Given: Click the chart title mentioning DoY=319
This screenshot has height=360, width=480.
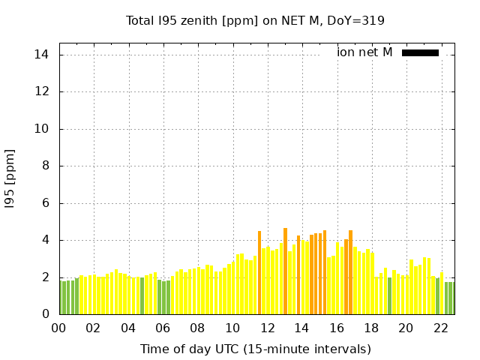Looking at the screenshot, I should tap(255, 20).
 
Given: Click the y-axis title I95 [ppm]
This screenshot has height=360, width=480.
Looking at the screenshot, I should tap(10, 178).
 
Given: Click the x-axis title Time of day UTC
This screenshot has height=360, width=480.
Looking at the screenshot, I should tap(255, 349).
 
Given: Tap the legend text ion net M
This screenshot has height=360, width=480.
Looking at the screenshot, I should tap(364, 52).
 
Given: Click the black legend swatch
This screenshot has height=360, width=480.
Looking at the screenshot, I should tap(420, 52).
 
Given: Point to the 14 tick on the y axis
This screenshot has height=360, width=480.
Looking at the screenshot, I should tap(42, 55).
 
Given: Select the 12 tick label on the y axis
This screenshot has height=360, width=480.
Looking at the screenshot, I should tap(42, 91).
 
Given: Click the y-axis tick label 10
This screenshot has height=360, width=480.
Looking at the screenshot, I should tap(42, 129).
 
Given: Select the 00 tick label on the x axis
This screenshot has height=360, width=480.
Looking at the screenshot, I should tap(58, 328).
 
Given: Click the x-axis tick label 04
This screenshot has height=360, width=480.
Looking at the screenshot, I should tap(128, 328).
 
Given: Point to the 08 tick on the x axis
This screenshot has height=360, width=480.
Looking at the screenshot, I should tap(197, 328).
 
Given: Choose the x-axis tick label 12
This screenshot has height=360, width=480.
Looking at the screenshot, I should tap(267, 328).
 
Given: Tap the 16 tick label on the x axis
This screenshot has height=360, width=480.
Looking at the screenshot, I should tap(336, 328).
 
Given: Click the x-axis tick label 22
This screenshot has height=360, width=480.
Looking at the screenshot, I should tap(440, 328).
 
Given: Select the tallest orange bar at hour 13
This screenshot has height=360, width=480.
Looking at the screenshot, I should tap(285, 271).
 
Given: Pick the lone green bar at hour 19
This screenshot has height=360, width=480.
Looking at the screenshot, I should tap(389, 296).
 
